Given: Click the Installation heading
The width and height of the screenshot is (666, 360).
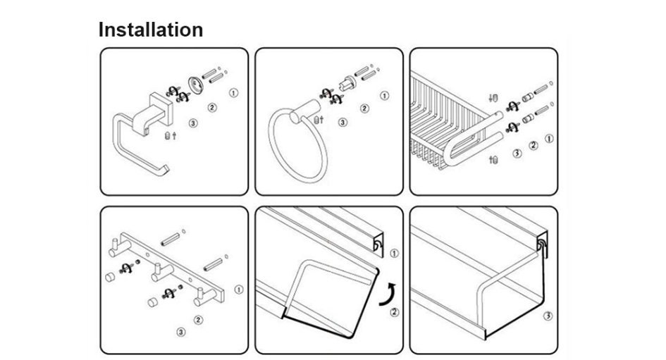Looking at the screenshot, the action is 151,30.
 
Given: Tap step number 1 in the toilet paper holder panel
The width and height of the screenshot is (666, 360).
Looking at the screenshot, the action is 233,92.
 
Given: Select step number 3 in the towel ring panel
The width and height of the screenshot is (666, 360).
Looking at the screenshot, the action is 343,123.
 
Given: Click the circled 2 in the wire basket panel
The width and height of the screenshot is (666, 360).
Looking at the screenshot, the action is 534,146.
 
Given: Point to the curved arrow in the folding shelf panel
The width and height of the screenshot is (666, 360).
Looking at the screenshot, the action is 388,294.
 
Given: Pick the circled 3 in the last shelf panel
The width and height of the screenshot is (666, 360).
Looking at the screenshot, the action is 548,316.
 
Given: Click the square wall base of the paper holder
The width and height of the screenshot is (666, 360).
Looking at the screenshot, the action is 162,109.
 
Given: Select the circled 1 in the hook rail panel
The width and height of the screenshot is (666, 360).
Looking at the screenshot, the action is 239,290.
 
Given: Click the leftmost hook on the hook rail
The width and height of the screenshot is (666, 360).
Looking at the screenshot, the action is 119,247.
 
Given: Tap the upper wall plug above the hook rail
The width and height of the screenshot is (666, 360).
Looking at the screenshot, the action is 171,239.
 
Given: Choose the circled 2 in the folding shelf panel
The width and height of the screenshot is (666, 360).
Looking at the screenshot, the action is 395,313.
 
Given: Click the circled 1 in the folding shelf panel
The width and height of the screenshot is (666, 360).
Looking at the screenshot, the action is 394,254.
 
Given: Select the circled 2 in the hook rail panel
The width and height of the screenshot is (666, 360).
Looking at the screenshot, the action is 198,320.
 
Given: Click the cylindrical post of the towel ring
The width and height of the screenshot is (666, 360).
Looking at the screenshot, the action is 305,111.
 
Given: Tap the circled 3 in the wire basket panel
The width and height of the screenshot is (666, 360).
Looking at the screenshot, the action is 517,154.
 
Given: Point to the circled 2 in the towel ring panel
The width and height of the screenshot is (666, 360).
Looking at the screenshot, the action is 364,108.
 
